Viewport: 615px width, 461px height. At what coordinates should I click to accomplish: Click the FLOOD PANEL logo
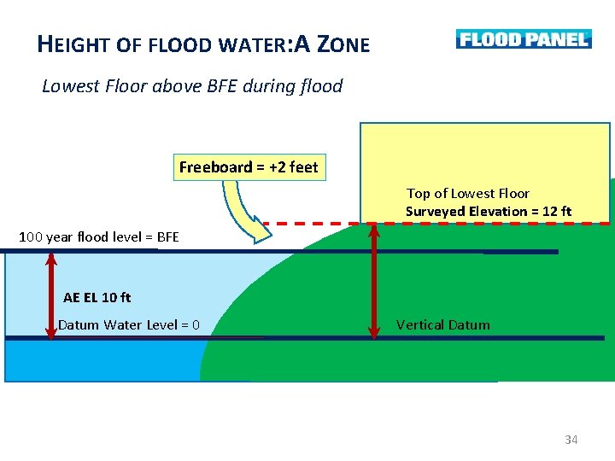[523, 39]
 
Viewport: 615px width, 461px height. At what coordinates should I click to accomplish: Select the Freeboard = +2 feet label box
[248, 167]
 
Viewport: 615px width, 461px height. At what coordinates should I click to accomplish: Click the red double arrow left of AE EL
[50, 295]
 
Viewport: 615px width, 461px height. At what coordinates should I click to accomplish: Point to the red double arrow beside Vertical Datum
[373, 281]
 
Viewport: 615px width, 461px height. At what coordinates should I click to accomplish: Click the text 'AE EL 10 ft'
[97, 298]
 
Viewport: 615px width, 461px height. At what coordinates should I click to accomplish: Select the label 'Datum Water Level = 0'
[129, 324]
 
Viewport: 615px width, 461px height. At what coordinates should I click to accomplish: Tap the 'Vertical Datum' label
[443, 324]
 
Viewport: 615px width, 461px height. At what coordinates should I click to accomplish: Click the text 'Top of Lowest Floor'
[467, 194]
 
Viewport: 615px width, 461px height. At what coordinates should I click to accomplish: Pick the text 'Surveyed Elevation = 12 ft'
[489, 212]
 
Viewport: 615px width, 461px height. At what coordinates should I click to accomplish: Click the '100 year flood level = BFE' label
[99, 236]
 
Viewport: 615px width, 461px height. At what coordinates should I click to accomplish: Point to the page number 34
[571, 440]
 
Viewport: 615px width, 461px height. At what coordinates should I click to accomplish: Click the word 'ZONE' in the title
[343, 44]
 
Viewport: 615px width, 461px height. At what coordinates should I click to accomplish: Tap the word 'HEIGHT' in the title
[75, 44]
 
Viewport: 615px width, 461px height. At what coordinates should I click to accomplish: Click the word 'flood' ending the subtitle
[321, 86]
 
